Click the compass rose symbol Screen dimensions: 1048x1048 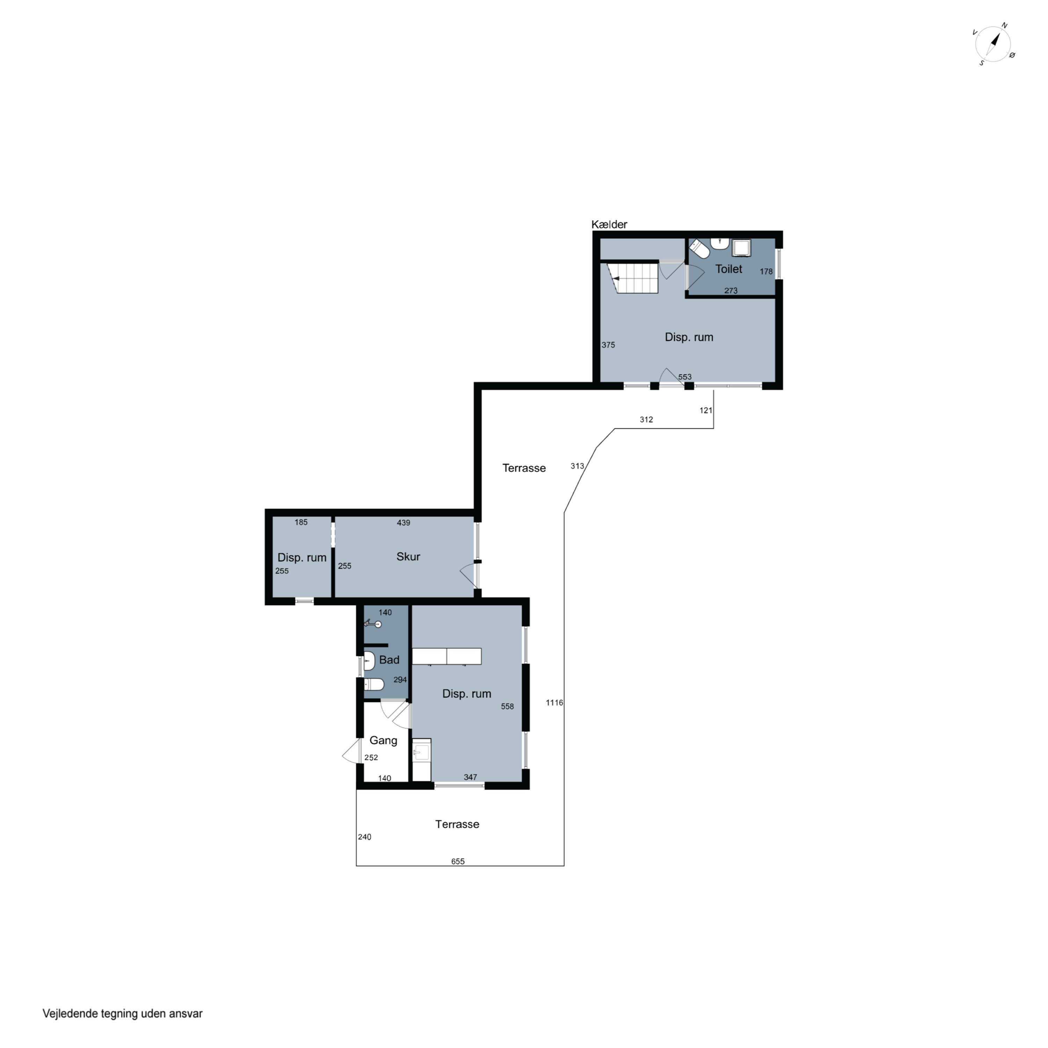994,44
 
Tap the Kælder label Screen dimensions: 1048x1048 609,225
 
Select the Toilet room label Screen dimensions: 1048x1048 728,269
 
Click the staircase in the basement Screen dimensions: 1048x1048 633,278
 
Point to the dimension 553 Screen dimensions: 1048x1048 685,377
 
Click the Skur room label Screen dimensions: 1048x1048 408,556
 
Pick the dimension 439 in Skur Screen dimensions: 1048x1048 403,523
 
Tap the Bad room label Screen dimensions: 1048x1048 389,660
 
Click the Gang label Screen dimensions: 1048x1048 383,741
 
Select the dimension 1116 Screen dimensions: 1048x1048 554,703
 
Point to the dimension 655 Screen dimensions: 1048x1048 458,861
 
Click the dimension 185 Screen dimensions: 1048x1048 301,522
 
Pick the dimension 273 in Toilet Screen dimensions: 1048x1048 731,291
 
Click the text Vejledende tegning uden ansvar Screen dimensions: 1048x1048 123,1013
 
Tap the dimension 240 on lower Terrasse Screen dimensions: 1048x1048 364,837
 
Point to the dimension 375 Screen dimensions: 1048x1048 608,345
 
